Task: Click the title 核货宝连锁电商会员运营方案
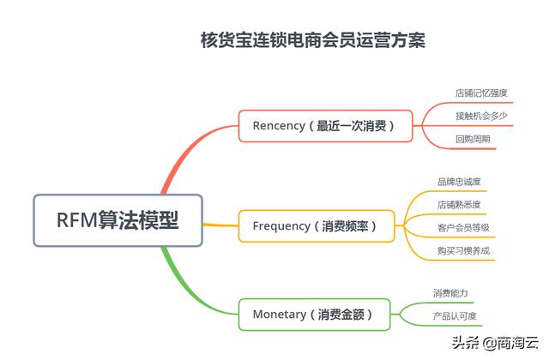point(312,40)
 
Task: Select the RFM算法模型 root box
point(118,220)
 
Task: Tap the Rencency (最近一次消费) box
point(325,126)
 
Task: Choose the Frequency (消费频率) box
point(317,226)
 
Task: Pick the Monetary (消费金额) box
point(314,315)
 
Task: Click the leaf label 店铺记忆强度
point(481,93)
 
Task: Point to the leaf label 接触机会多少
point(481,116)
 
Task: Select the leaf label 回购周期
point(473,139)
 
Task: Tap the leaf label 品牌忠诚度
point(459,182)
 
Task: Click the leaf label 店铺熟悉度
point(459,205)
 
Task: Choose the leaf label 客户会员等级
point(463,228)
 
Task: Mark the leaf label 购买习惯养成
point(463,251)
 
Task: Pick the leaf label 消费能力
point(450,293)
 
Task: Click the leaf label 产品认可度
point(455,316)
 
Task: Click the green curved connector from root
point(185,291)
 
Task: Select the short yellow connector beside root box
point(220,225)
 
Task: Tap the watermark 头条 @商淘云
point(495,342)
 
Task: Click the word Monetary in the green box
point(280,315)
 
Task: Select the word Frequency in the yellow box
point(281,226)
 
